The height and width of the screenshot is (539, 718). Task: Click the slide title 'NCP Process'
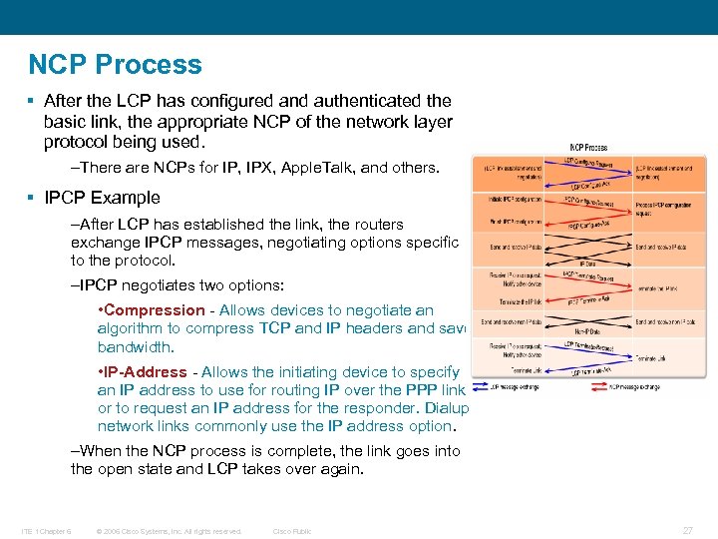[x=115, y=65]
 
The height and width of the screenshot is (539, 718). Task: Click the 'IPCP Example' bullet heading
[x=102, y=197]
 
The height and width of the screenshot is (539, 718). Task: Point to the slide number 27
[x=687, y=531]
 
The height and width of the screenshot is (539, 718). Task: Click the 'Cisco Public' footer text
[x=292, y=531]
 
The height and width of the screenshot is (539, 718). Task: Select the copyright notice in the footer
[x=169, y=531]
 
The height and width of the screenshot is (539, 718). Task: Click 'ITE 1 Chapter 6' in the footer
[x=48, y=531]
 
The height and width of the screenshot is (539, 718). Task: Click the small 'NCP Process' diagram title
[x=588, y=148]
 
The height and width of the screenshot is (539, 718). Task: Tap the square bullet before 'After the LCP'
[x=33, y=101]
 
